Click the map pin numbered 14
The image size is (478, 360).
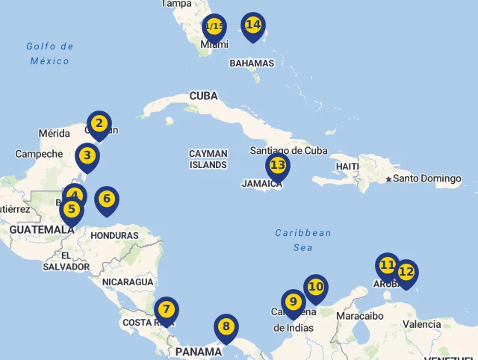pos(253,25)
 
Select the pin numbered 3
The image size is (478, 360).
pos(87,156)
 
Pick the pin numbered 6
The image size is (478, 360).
pos(107,199)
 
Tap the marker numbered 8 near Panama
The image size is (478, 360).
pos(226,327)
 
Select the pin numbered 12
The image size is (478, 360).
pos(406,273)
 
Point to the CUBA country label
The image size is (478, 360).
pos(204,96)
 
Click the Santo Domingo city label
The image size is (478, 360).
pos(427,179)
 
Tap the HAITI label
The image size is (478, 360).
pos(348,166)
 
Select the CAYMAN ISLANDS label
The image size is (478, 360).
pos(208,159)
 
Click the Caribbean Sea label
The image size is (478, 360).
pos(302,240)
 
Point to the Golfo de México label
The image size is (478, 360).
pos(50,53)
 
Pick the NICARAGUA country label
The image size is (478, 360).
pos(128,282)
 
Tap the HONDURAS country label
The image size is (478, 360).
pos(114,235)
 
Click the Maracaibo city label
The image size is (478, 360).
pos(360,316)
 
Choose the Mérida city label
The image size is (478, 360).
pos(54,134)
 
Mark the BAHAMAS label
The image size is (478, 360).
pos(252,63)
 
